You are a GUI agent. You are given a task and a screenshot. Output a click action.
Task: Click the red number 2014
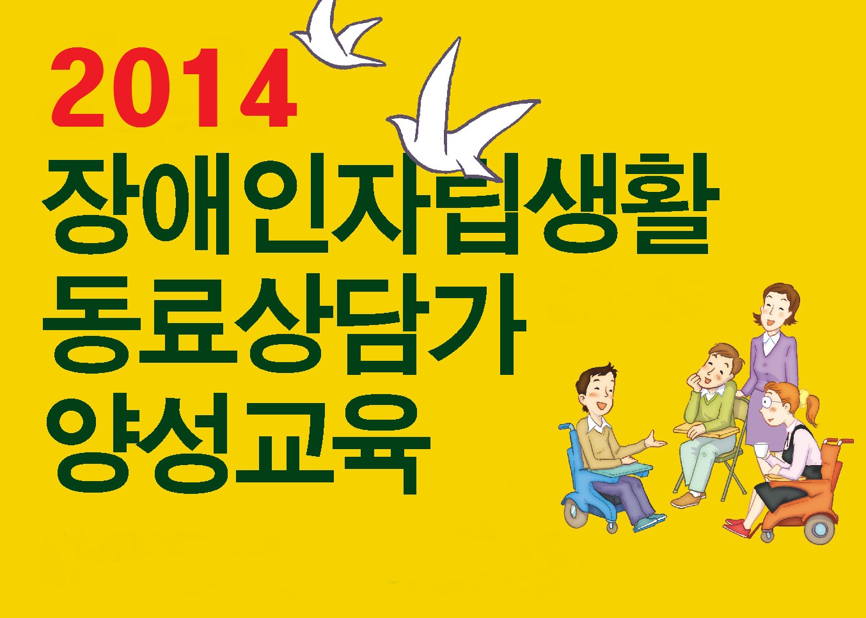tap(173, 88)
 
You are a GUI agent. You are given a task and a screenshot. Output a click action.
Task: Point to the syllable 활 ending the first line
tap(665, 204)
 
